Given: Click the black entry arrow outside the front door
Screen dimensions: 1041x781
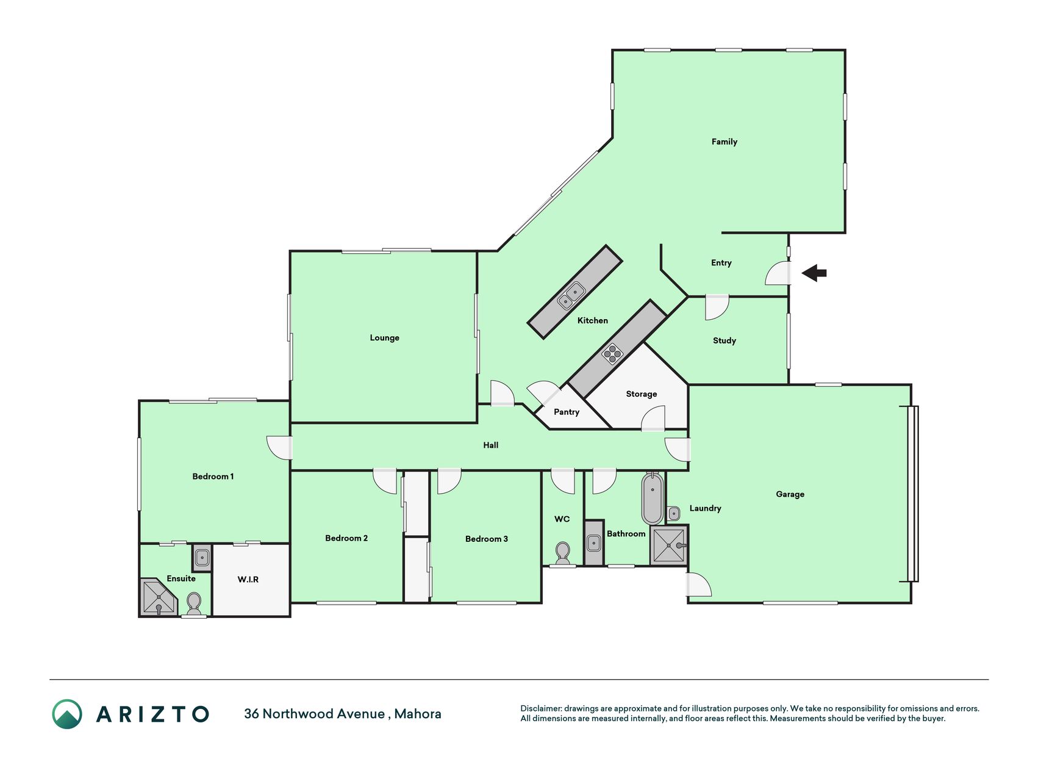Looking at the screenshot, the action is click(x=814, y=273).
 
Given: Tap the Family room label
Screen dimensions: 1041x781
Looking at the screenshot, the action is click(x=724, y=142).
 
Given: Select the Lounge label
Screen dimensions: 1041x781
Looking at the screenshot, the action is click(x=384, y=337).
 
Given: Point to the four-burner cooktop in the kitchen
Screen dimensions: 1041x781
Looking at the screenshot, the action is click(x=612, y=354).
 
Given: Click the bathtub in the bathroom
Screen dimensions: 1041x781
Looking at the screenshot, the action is click(x=652, y=498).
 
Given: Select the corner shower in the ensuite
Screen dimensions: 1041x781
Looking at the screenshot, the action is click(x=158, y=597).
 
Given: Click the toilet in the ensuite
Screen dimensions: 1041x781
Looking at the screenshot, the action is click(x=194, y=605).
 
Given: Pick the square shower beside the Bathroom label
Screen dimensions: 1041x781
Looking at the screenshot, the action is click(x=669, y=545).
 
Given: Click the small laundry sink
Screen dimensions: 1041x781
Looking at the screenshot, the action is click(x=674, y=513).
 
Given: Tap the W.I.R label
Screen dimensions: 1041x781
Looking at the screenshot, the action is click(x=248, y=579).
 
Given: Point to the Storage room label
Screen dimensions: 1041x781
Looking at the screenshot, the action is click(x=642, y=394).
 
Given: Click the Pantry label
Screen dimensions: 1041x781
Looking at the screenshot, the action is click(x=567, y=412).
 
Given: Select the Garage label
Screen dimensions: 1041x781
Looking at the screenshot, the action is click(x=790, y=494).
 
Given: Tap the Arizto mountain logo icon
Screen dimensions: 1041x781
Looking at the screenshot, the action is click(x=67, y=714).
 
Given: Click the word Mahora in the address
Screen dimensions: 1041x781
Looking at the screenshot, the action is click(x=418, y=714).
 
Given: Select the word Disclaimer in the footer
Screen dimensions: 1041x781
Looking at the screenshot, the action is click(x=541, y=708).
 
